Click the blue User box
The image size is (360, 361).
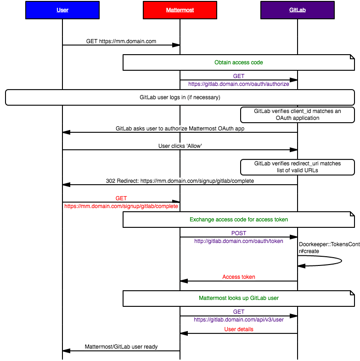[62, 10]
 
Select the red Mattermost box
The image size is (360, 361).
[180, 10]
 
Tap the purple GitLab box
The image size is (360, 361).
[297, 10]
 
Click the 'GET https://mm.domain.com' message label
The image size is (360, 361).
[121, 41]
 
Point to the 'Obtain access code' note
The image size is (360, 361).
[238, 62]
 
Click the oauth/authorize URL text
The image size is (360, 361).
[238, 84]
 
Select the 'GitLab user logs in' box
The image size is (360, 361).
[180, 97]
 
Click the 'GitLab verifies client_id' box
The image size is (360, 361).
[297, 115]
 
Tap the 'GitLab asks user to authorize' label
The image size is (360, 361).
[180, 129]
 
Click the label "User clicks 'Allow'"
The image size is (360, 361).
[180, 146]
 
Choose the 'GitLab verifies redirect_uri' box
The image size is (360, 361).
[297, 167]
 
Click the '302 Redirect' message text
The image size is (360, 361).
[180, 181]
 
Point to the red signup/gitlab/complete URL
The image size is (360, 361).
[121, 207]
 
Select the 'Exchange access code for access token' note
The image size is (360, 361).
[238, 220]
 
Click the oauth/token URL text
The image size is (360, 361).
[238, 241]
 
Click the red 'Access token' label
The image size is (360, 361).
[238, 277]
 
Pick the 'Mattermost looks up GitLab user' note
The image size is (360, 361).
[238, 298]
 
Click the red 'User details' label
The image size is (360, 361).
[238, 329]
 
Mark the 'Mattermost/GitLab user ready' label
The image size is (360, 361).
[121, 347]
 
